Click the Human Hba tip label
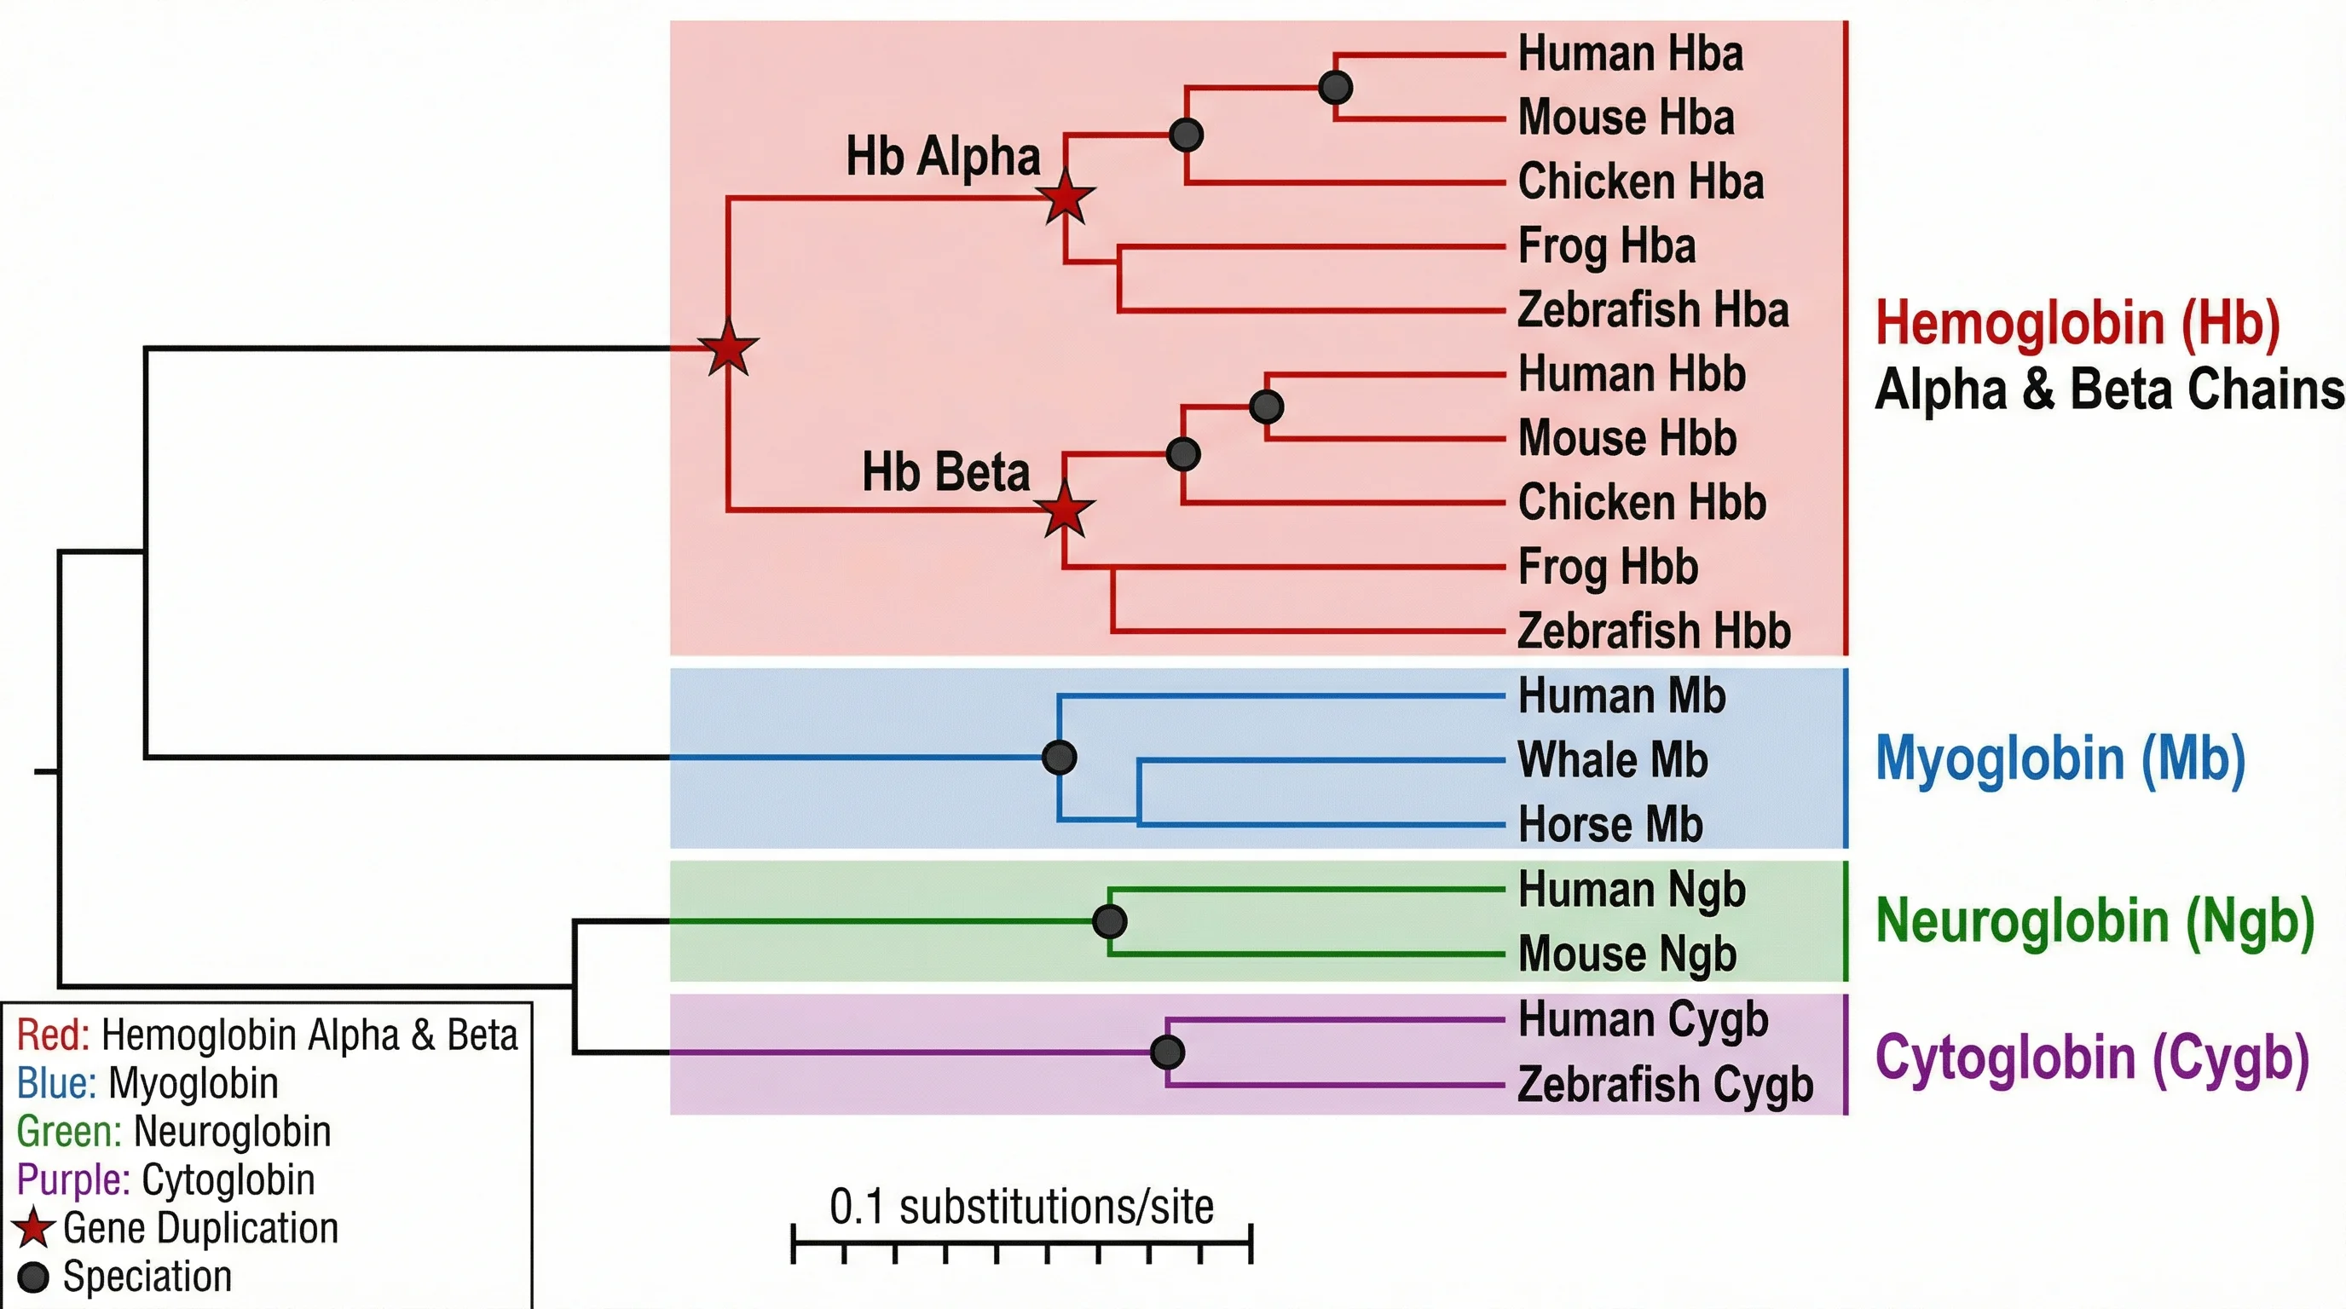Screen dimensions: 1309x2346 pos(1630,54)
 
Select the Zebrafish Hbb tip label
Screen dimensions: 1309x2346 pos(1654,631)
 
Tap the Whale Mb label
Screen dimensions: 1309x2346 pos(1612,760)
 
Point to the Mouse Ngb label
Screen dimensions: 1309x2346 pos(1627,954)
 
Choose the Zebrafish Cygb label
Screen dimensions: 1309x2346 pos(1665,1084)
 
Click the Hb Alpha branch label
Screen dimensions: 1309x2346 pos(943,156)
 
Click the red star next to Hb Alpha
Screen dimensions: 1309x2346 pos(1066,198)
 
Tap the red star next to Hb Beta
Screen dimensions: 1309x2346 pos(1065,510)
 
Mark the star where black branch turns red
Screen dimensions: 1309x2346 pos(729,349)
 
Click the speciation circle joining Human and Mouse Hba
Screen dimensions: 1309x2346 pos(1335,88)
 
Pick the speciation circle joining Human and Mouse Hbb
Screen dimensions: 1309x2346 pos(1267,406)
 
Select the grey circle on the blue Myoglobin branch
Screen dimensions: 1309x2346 pos(1059,758)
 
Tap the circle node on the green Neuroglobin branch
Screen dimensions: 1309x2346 pos(1109,921)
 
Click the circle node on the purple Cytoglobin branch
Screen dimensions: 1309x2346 pos(1168,1052)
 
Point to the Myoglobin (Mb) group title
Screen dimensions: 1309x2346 pos(2060,758)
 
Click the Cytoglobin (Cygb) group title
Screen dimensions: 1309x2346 pos(2092,1058)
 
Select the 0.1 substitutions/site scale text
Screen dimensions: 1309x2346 pos(1021,1207)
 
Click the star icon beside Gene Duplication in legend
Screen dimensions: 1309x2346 pos(34,1228)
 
